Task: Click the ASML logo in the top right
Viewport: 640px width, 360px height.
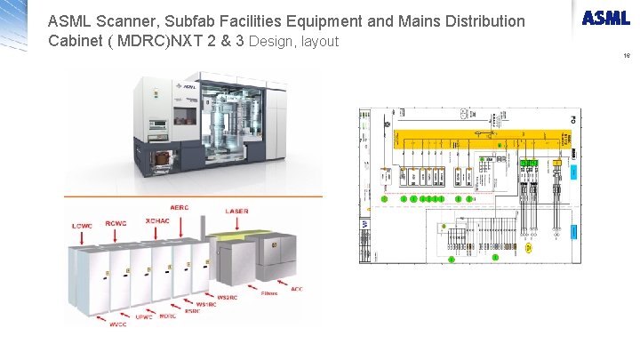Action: coord(606,19)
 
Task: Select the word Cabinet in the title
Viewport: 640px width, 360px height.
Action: coord(78,41)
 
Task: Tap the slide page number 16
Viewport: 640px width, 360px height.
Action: coord(627,55)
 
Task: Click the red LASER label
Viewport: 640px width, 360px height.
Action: coord(236,212)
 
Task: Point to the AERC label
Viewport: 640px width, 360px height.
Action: coord(179,207)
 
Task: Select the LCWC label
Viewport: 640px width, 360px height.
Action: coord(82,226)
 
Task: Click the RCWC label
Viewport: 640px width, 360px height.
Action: coord(116,223)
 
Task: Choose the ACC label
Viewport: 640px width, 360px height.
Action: coord(296,289)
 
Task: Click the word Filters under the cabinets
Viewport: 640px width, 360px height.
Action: coord(269,292)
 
